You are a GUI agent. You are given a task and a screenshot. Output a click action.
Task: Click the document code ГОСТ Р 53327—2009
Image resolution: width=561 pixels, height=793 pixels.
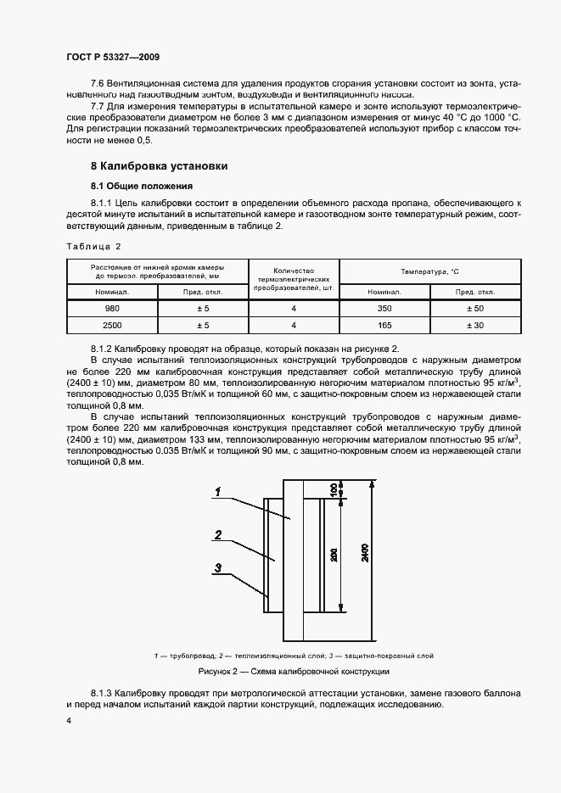[x=112, y=56]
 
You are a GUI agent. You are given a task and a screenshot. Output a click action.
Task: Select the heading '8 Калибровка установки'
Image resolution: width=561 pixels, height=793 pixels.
[x=159, y=166]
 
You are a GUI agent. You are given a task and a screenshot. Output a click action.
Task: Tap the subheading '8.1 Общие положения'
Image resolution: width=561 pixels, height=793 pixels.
[x=142, y=186]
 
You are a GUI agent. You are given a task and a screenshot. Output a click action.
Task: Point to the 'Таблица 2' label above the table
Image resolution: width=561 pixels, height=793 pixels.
[x=93, y=246]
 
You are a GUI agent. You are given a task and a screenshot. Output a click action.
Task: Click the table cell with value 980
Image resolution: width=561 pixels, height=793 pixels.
[x=112, y=309]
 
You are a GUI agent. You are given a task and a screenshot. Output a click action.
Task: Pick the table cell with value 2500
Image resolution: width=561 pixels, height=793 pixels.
[x=112, y=325]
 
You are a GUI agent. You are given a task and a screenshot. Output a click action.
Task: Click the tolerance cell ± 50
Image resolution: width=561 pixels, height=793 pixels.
[x=475, y=309]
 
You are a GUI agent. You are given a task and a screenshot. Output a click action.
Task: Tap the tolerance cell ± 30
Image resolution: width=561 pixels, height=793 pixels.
[x=475, y=325]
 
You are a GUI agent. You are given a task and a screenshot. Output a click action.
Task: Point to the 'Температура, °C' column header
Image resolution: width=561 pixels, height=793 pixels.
[x=429, y=271]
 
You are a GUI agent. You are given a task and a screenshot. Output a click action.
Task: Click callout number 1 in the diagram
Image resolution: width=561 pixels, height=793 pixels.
[x=218, y=492]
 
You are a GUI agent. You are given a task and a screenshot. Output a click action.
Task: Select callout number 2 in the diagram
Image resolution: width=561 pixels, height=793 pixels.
[x=218, y=535]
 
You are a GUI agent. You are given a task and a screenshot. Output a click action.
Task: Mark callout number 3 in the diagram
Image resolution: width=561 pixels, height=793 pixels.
[x=218, y=568]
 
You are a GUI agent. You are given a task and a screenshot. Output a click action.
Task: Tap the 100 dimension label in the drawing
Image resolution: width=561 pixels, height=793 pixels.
[x=334, y=489]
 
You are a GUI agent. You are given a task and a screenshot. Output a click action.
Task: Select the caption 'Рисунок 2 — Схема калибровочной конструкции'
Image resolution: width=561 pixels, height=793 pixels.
[x=293, y=671]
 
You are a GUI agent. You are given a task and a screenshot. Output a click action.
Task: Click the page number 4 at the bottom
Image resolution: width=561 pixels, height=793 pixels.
[x=68, y=720]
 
